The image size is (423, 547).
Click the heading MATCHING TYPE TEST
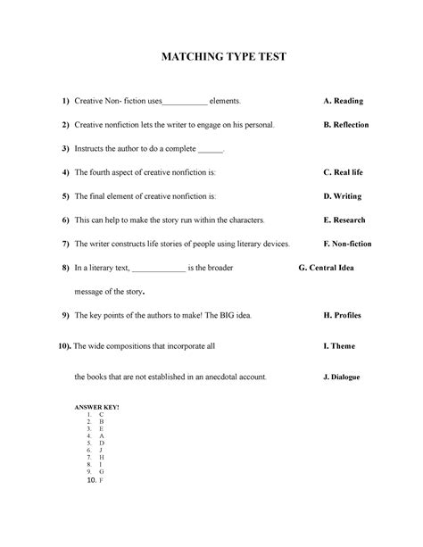tap(211, 58)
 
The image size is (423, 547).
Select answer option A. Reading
tap(343, 102)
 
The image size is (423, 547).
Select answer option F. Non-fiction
tap(347, 244)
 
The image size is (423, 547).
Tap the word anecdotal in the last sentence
tap(220, 377)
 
